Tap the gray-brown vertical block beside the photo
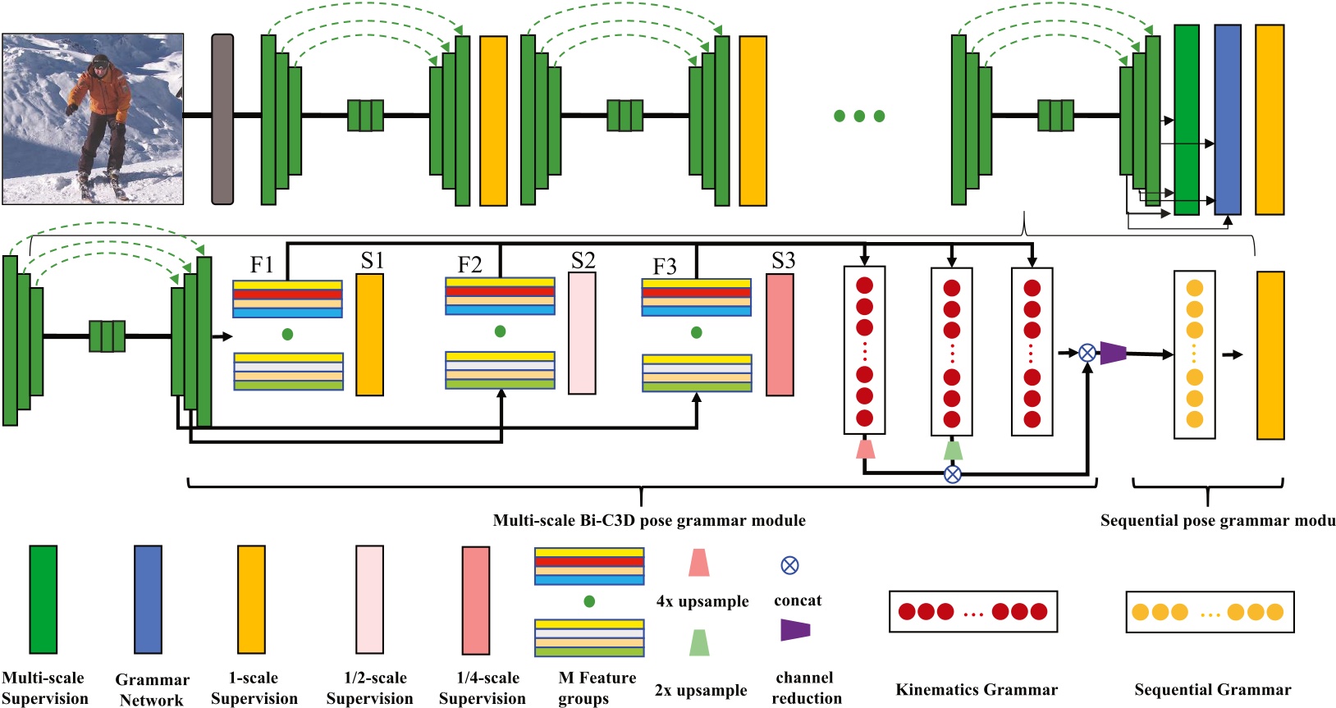click(222, 119)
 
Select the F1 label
click(262, 264)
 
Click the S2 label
click(583, 261)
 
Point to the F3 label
click(665, 267)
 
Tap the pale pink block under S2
click(582, 333)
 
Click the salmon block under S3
click(780, 335)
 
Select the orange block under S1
click(369, 335)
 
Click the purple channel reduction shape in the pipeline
click(1113, 353)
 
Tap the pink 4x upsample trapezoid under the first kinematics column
click(865, 448)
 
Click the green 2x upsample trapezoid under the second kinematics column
click(952, 450)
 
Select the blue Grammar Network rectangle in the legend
click(148, 599)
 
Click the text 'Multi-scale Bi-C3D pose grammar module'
click(648, 520)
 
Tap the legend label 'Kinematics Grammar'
click(976, 690)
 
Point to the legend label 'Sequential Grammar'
click(1212, 690)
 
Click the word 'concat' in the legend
click(797, 601)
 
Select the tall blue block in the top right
click(1227, 119)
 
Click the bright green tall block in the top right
click(1186, 119)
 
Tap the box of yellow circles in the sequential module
click(1194, 354)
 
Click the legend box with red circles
click(972, 611)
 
